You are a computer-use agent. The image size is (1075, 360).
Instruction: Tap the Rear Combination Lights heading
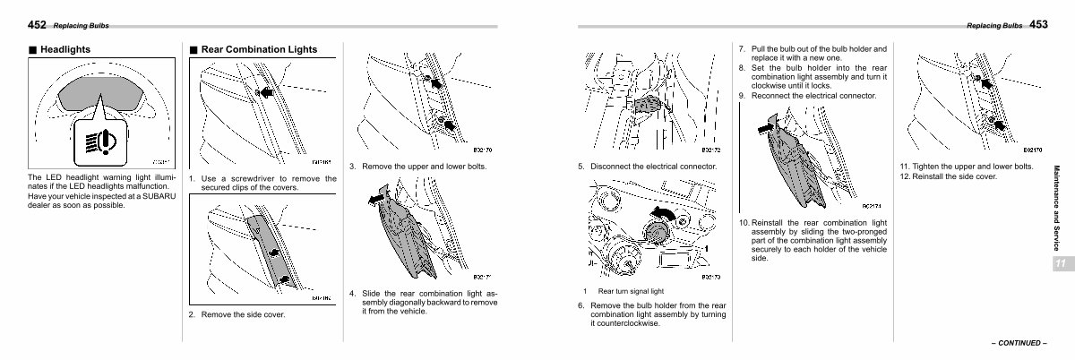[259, 50]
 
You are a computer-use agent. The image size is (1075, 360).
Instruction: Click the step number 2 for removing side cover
[192, 315]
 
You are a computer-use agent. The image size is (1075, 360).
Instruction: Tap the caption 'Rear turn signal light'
[631, 291]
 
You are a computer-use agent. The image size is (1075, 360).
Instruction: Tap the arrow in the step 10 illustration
[763, 128]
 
